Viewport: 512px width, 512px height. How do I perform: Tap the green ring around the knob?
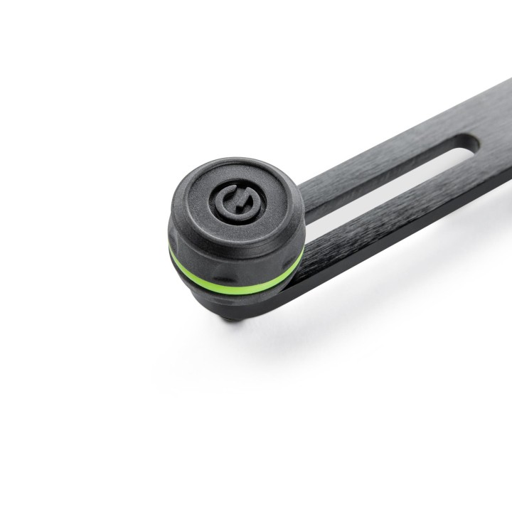235,273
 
